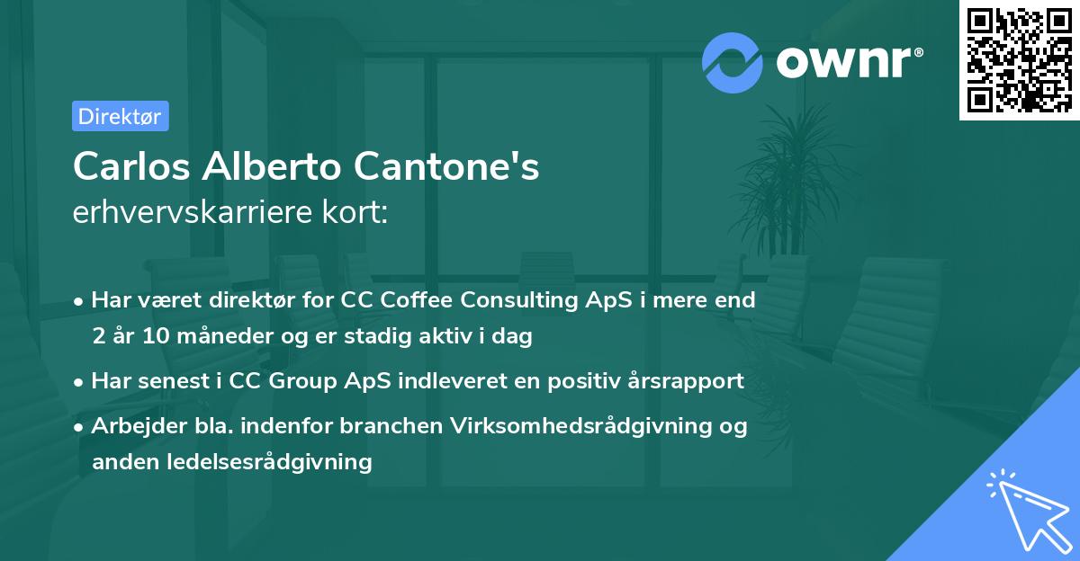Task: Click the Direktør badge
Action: coord(120,116)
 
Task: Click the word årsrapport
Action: coord(688,380)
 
